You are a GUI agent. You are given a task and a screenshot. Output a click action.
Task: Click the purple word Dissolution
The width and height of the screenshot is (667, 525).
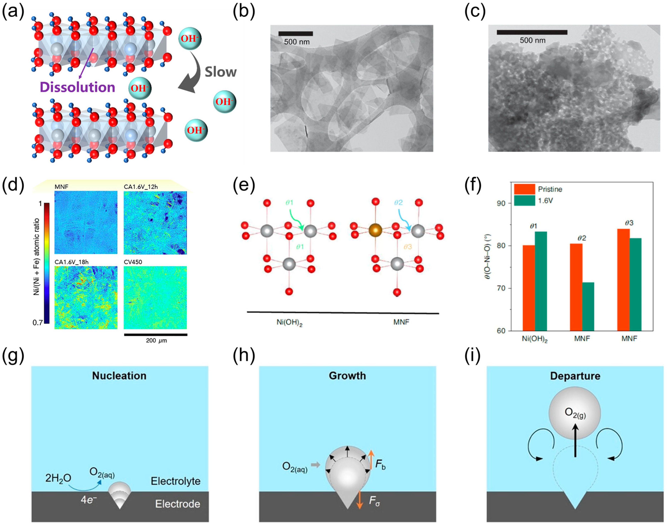click(x=77, y=87)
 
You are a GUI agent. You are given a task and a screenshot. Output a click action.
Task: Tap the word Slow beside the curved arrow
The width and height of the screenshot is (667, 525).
click(x=221, y=72)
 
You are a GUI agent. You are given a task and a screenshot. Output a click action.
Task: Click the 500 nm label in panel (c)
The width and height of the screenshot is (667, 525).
click(x=532, y=40)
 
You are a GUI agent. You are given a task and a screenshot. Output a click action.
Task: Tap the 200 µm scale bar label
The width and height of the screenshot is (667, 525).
click(x=156, y=341)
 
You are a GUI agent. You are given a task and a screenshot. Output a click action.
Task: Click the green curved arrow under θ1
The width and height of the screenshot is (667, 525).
click(x=296, y=219)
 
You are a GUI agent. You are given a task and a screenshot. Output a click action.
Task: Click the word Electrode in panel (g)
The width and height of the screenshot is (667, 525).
click(x=178, y=504)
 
